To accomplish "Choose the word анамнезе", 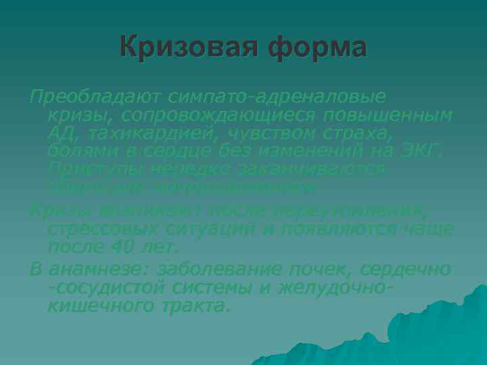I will (88, 269).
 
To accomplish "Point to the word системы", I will (227, 287).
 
